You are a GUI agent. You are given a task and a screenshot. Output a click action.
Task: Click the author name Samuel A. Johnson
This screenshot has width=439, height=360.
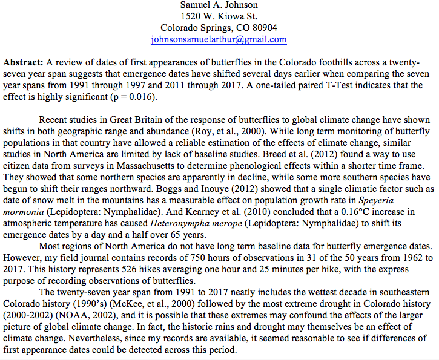coord(219,5)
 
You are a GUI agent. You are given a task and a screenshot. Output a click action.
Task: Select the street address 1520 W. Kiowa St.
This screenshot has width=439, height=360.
coord(219,16)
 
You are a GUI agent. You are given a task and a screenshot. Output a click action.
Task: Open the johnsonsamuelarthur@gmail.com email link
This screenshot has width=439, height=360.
coord(219,39)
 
